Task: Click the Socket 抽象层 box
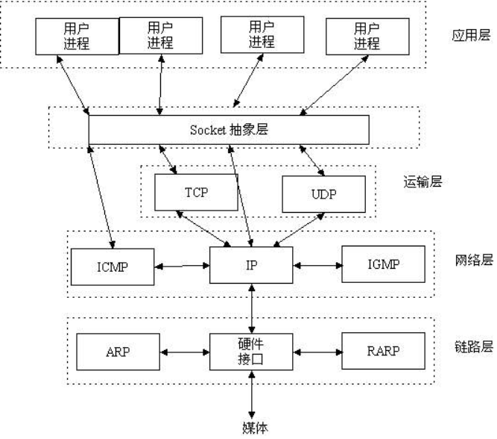tap(229, 130)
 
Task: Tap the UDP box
tap(324, 193)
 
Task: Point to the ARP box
tap(117, 351)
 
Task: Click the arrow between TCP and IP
tap(203, 227)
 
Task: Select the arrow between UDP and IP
tap(300, 228)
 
